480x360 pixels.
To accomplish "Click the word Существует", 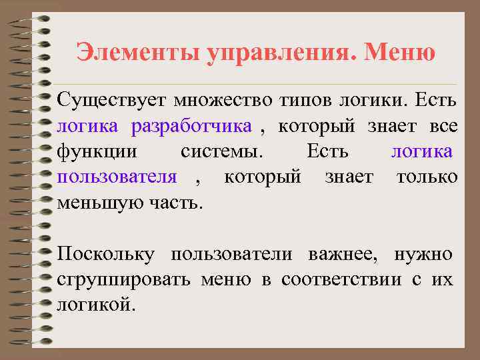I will coord(111,101).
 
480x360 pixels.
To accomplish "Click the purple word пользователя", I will coord(117,177).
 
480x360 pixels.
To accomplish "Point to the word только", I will coord(427,177).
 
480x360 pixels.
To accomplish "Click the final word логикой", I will coord(97,305).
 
